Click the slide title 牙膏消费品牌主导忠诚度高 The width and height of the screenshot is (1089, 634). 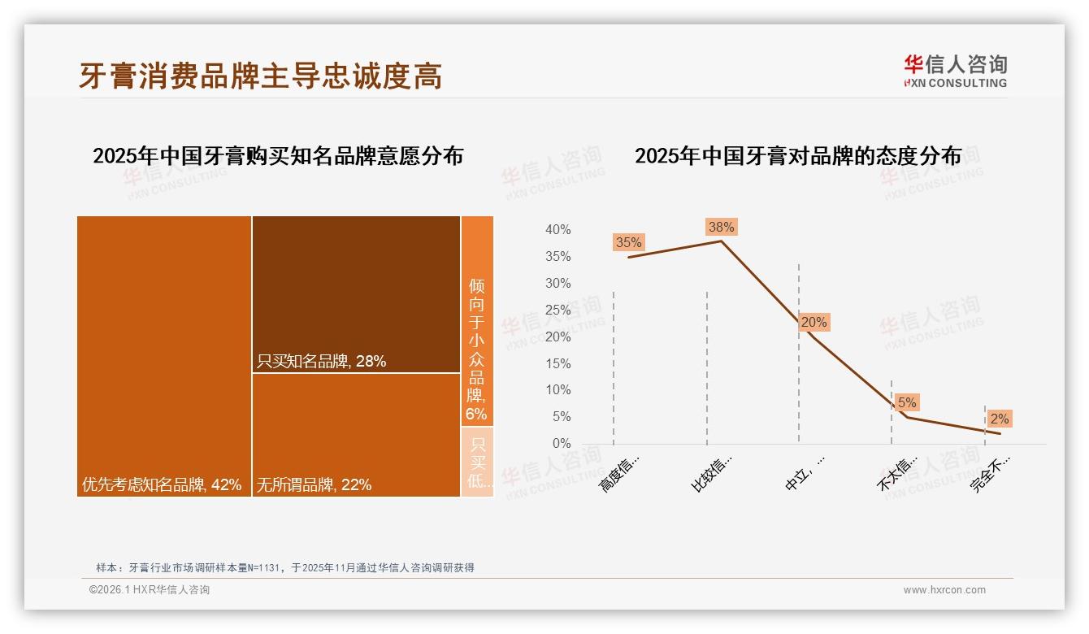click(260, 76)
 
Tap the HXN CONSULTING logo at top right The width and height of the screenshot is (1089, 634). click(955, 71)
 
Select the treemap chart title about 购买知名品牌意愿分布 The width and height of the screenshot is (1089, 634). click(278, 155)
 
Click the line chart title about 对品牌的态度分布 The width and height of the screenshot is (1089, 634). click(797, 155)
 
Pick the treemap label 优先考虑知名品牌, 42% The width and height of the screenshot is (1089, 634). click(162, 485)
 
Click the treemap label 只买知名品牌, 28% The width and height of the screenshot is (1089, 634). click(321, 361)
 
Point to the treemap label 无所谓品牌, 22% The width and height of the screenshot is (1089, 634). click(314, 485)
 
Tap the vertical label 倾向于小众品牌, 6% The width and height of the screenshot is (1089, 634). click(477, 350)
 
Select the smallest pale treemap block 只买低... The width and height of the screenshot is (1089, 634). click(478, 462)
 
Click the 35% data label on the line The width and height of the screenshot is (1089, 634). click(628, 242)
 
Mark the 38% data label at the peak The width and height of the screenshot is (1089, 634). click(721, 227)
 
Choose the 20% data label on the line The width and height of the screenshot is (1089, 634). click(813, 322)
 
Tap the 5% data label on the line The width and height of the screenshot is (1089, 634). click(907, 402)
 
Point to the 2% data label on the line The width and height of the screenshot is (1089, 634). click(999, 419)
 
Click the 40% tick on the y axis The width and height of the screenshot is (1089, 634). click(558, 230)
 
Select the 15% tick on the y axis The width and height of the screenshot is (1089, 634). click(558, 363)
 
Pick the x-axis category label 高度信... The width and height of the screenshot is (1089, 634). click(619, 474)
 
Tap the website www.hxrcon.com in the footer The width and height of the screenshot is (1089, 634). click(944, 589)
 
